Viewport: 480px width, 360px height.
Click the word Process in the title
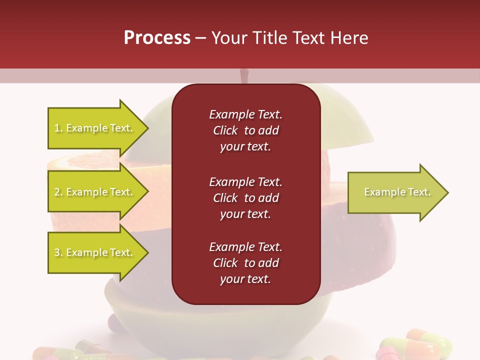pos(157,38)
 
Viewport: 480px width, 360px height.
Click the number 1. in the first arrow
pos(58,128)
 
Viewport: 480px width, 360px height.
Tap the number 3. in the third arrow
pos(58,253)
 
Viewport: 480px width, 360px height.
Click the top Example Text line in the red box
pos(245,114)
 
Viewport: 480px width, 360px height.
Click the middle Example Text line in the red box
pos(245,181)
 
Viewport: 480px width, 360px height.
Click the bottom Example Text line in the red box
pos(245,247)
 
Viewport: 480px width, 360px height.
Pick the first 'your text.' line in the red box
pos(245,147)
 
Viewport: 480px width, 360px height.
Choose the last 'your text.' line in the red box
pos(245,279)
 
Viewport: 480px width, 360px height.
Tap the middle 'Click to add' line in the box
pos(245,198)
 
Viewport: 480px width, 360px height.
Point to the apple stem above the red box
pos(244,76)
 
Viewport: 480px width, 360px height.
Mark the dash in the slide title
pos(201,38)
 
